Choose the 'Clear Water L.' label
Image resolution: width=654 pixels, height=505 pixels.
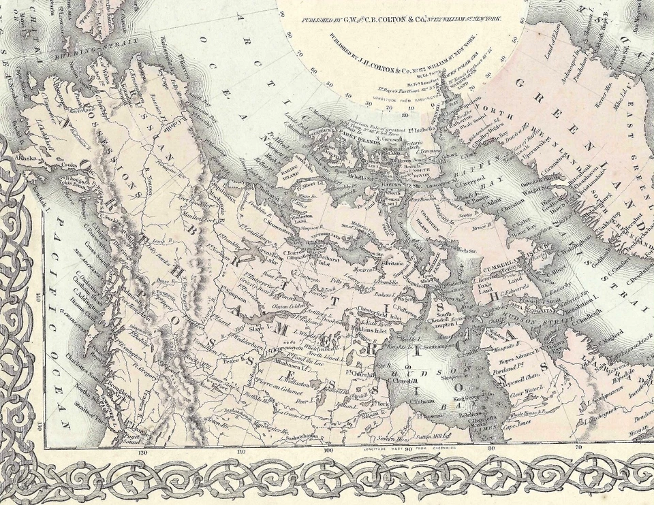(x=524, y=392)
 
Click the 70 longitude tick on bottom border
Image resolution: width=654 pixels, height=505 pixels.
(x=578, y=449)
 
